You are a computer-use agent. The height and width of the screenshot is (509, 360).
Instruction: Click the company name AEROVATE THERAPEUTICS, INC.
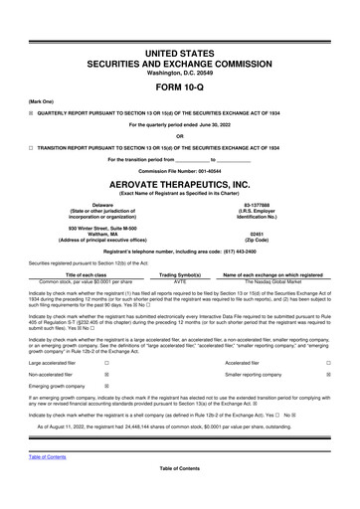[x=180, y=184]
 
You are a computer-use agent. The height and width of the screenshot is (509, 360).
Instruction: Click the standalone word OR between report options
[x=180, y=136]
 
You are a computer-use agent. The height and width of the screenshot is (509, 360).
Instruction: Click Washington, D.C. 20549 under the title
[x=180, y=69]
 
